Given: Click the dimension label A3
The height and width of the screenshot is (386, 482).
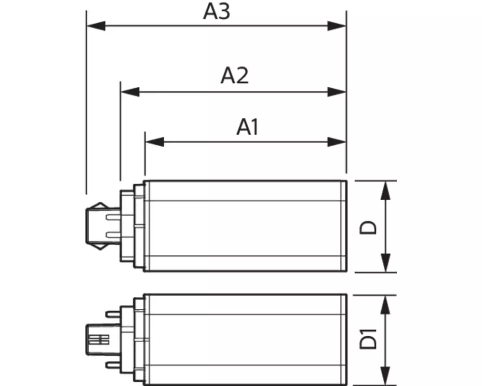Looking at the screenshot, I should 216,12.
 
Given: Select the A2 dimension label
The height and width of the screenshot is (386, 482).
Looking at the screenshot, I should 235,76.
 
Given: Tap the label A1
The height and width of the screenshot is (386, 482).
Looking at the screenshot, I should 248,127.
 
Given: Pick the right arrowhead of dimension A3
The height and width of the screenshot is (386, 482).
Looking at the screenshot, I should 337,26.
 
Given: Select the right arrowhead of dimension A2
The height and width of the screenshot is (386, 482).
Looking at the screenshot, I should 337,91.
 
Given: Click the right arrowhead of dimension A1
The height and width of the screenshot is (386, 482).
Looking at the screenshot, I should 337,141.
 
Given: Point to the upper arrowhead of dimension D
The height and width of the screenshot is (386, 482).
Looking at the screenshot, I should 385,190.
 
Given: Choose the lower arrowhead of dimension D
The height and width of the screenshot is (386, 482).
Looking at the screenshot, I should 385,263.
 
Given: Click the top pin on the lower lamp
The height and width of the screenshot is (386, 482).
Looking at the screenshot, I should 114,313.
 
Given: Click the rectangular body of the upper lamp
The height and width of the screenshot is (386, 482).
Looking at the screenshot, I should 246,226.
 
